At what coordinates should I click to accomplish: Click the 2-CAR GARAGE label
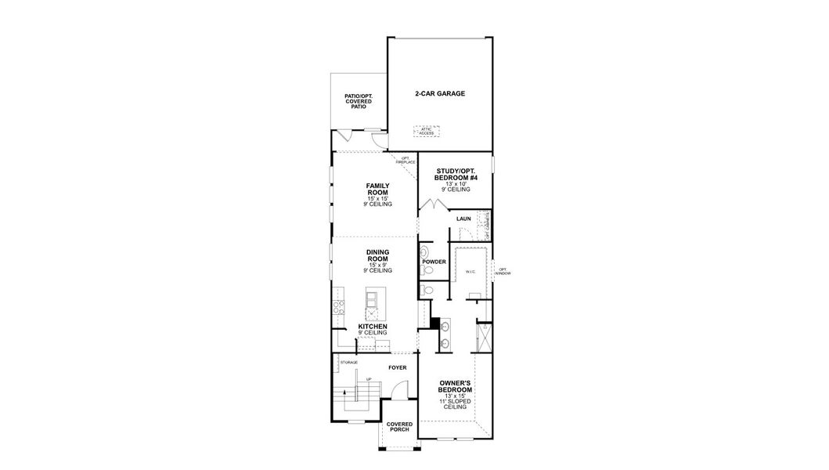tap(440, 93)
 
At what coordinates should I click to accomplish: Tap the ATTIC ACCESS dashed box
tap(427, 131)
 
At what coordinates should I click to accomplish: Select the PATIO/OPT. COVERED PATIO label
tap(359, 100)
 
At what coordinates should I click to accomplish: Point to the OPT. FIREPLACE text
tap(406, 160)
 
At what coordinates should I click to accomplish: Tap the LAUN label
tap(463, 219)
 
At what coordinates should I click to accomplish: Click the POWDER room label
tap(435, 262)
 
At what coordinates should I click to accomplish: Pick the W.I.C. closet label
tap(470, 272)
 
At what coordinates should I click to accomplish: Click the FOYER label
tap(398, 366)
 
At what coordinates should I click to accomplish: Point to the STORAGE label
tap(349, 362)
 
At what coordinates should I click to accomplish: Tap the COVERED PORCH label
tap(399, 427)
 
